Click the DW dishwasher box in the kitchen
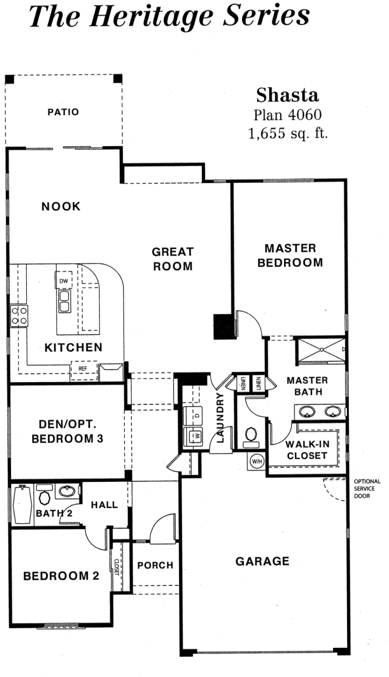(64, 281)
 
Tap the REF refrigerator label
(82, 369)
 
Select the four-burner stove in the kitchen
(19, 316)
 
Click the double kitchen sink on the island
(64, 301)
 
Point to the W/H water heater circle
(257, 461)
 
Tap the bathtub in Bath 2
(22, 505)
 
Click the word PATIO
(63, 112)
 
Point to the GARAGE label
(262, 561)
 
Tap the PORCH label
(155, 565)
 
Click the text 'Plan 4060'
(288, 115)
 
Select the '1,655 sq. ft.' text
(288, 134)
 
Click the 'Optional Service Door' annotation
(367, 489)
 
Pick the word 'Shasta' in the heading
(288, 95)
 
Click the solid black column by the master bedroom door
(225, 327)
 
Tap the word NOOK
(61, 207)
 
